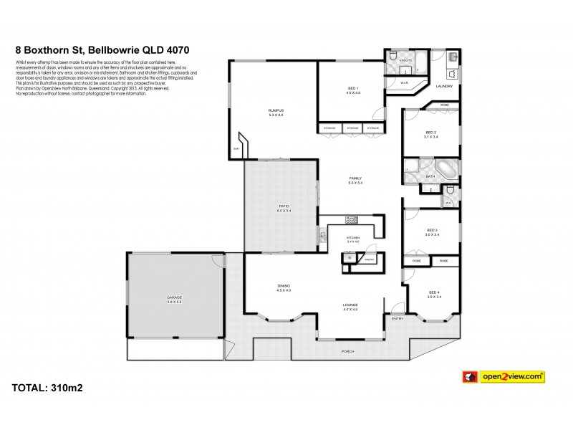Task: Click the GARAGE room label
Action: point(174,296)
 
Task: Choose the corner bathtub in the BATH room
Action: point(445,170)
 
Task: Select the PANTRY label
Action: point(369,259)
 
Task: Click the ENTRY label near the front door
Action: point(398,318)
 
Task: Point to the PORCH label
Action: point(348,351)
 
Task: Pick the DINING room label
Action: point(284,288)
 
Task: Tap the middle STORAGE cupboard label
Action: point(352,128)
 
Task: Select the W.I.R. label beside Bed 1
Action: point(405,82)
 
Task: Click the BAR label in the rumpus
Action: point(235,148)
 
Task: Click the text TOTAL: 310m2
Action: point(49,389)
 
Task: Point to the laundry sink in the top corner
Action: point(452,57)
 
